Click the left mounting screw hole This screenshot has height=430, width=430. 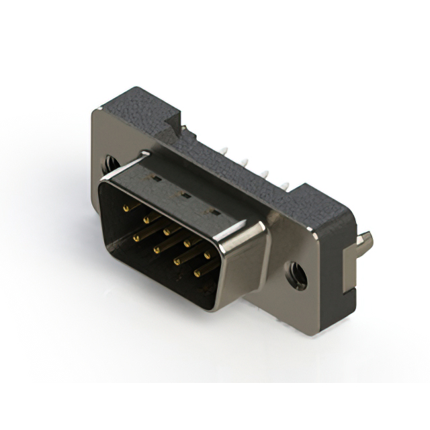coord(108,163)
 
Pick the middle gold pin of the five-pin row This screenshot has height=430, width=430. coord(165,230)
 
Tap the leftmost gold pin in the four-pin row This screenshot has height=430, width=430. coord(136,237)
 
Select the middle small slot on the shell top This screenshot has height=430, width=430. coord(181,196)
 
